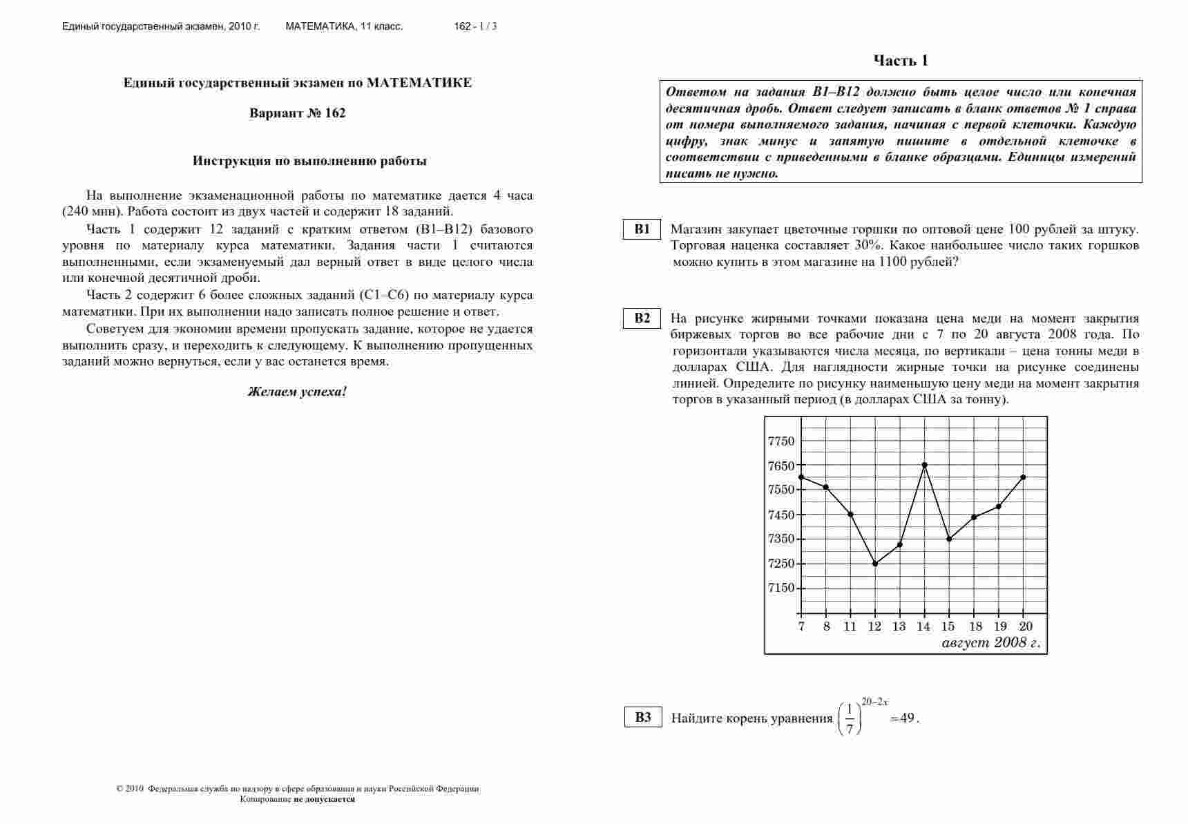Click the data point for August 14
click(x=924, y=465)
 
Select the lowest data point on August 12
click(x=875, y=564)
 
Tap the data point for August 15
click(x=949, y=539)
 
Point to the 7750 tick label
click(x=781, y=441)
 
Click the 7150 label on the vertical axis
click(x=781, y=588)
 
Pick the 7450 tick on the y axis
click(x=781, y=515)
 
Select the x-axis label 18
click(x=975, y=626)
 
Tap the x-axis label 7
click(x=801, y=626)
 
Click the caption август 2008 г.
click(x=990, y=643)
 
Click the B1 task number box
click(x=642, y=229)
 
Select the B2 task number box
click(x=642, y=318)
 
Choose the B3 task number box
click(x=643, y=717)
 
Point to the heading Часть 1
click(x=901, y=61)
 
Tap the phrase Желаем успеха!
click(x=297, y=392)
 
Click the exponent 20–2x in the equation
click(x=874, y=702)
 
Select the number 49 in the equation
click(x=908, y=718)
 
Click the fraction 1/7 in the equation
click(x=850, y=718)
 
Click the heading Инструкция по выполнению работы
click(x=309, y=161)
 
